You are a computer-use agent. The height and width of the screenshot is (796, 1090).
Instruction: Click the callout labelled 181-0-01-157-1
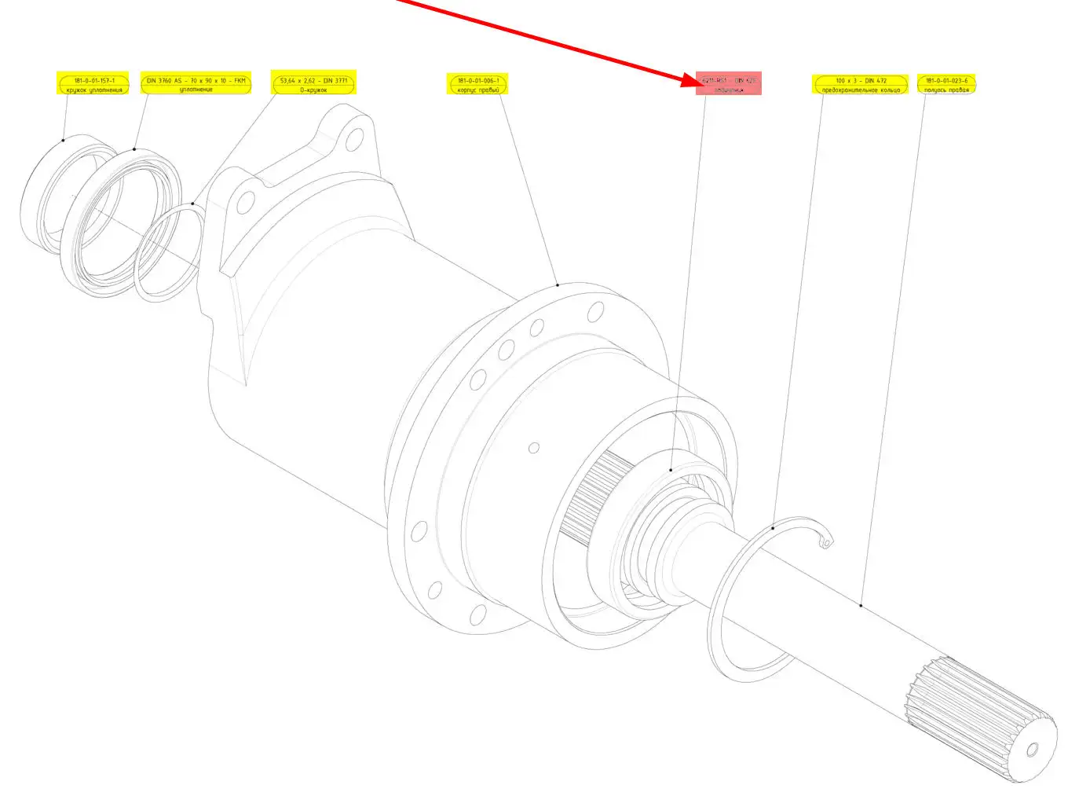point(93,84)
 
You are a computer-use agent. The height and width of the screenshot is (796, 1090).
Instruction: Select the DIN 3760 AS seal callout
point(196,84)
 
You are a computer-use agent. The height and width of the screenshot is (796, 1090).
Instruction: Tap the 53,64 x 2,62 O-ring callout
point(313,84)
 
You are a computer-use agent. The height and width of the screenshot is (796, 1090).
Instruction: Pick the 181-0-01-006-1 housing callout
point(477,84)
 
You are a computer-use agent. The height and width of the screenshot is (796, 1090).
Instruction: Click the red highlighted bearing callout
point(729,84)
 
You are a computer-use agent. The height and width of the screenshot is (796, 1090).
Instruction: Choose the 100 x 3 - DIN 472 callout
point(861,84)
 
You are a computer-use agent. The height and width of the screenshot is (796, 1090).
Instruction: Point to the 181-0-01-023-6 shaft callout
point(946,84)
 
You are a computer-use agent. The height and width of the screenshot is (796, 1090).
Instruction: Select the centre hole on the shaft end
point(1032,750)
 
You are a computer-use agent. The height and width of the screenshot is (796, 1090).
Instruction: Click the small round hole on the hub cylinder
point(534,448)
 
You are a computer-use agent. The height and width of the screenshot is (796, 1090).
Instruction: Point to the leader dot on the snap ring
point(773,528)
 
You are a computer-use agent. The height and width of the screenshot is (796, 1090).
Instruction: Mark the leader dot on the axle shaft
point(861,605)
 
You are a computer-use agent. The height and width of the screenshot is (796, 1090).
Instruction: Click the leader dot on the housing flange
point(558,284)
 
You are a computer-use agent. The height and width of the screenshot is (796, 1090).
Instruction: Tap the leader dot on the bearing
point(671,470)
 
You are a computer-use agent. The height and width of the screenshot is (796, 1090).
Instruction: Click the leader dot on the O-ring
point(192,204)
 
